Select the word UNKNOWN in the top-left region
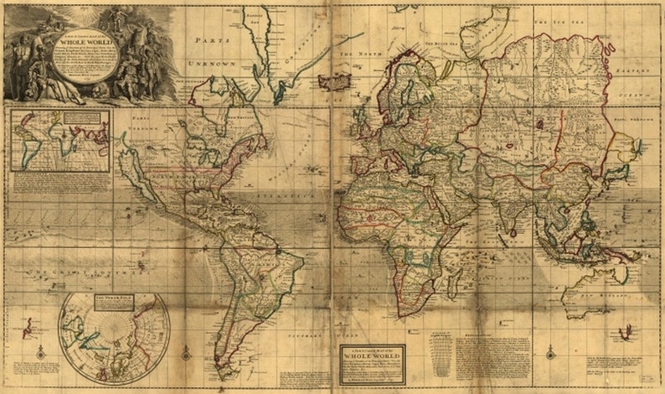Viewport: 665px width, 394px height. [211, 64]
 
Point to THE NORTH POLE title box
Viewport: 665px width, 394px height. [112, 298]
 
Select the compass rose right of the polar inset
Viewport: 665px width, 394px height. [186, 353]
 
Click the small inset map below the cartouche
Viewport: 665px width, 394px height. [59, 140]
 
